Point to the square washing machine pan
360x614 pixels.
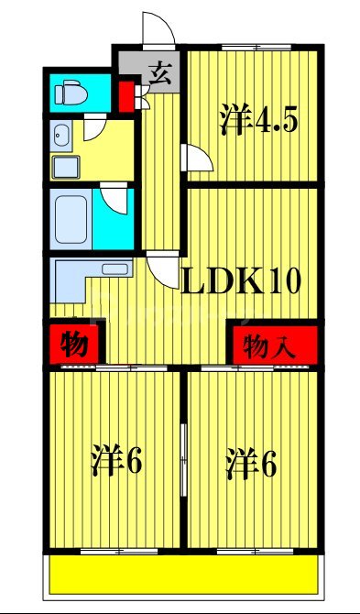67,167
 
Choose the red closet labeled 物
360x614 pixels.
74,345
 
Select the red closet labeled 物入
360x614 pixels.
273,345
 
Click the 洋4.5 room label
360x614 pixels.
258,120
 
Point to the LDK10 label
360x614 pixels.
244,280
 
